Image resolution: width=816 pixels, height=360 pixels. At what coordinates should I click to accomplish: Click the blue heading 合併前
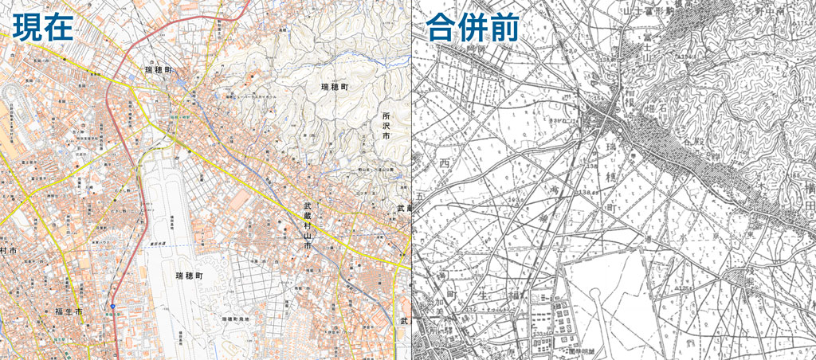(x=473, y=29)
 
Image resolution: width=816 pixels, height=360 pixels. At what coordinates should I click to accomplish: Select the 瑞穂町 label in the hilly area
(x=335, y=86)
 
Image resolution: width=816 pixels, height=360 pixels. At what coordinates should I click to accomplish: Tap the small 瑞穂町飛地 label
(x=236, y=319)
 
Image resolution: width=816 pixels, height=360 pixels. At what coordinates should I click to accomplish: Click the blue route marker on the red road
(x=113, y=305)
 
